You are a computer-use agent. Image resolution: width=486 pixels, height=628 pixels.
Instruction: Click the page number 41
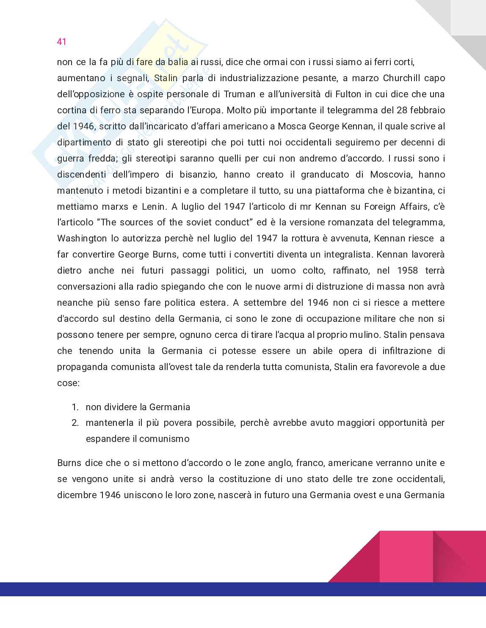62,41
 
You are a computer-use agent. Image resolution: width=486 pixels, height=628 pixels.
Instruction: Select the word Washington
82,239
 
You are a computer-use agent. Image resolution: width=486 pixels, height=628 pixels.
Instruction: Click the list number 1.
75,407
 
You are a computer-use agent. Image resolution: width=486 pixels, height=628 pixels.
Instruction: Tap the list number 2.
75,423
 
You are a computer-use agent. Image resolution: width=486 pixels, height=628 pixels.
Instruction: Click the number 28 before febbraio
402,110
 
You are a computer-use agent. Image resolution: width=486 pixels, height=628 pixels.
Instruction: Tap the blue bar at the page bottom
243,589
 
